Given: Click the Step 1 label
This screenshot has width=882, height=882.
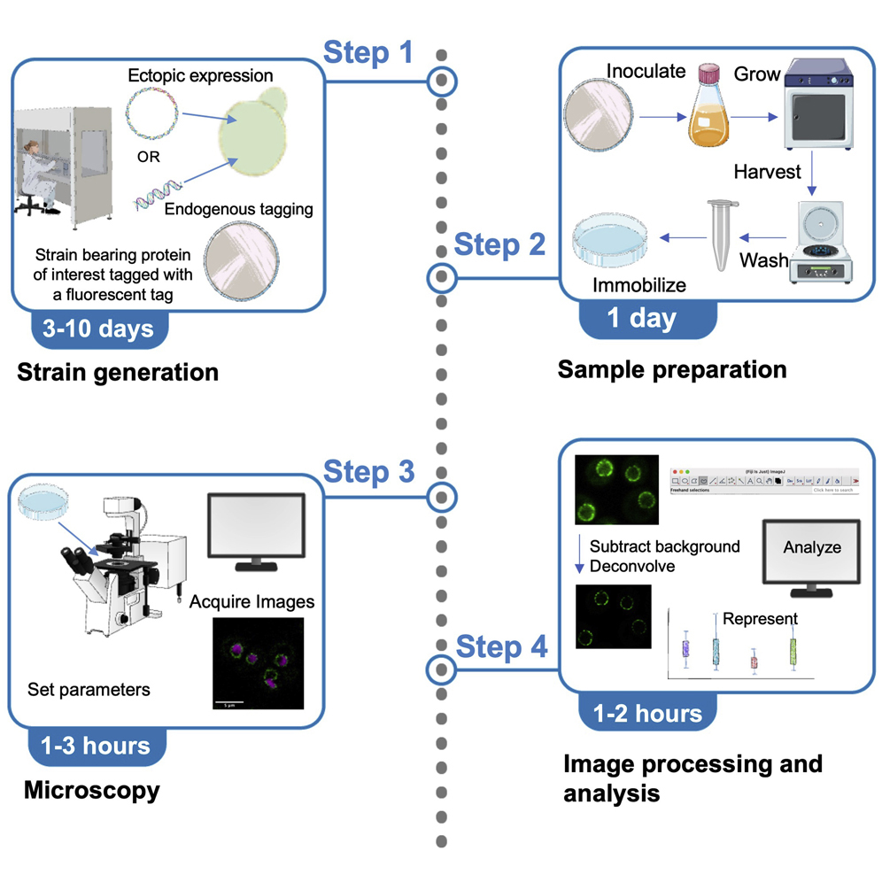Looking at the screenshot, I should (x=367, y=53).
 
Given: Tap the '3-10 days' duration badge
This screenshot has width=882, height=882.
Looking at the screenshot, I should (x=97, y=329).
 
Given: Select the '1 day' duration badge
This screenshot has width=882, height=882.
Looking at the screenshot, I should (x=641, y=318).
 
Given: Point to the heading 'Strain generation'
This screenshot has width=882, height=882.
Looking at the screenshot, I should (x=118, y=371).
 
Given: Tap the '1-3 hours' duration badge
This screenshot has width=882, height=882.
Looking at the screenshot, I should (x=97, y=745).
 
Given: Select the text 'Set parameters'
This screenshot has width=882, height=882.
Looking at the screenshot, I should (x=89, y=688).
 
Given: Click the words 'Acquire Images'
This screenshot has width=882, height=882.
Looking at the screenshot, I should (x=251, y=602).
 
